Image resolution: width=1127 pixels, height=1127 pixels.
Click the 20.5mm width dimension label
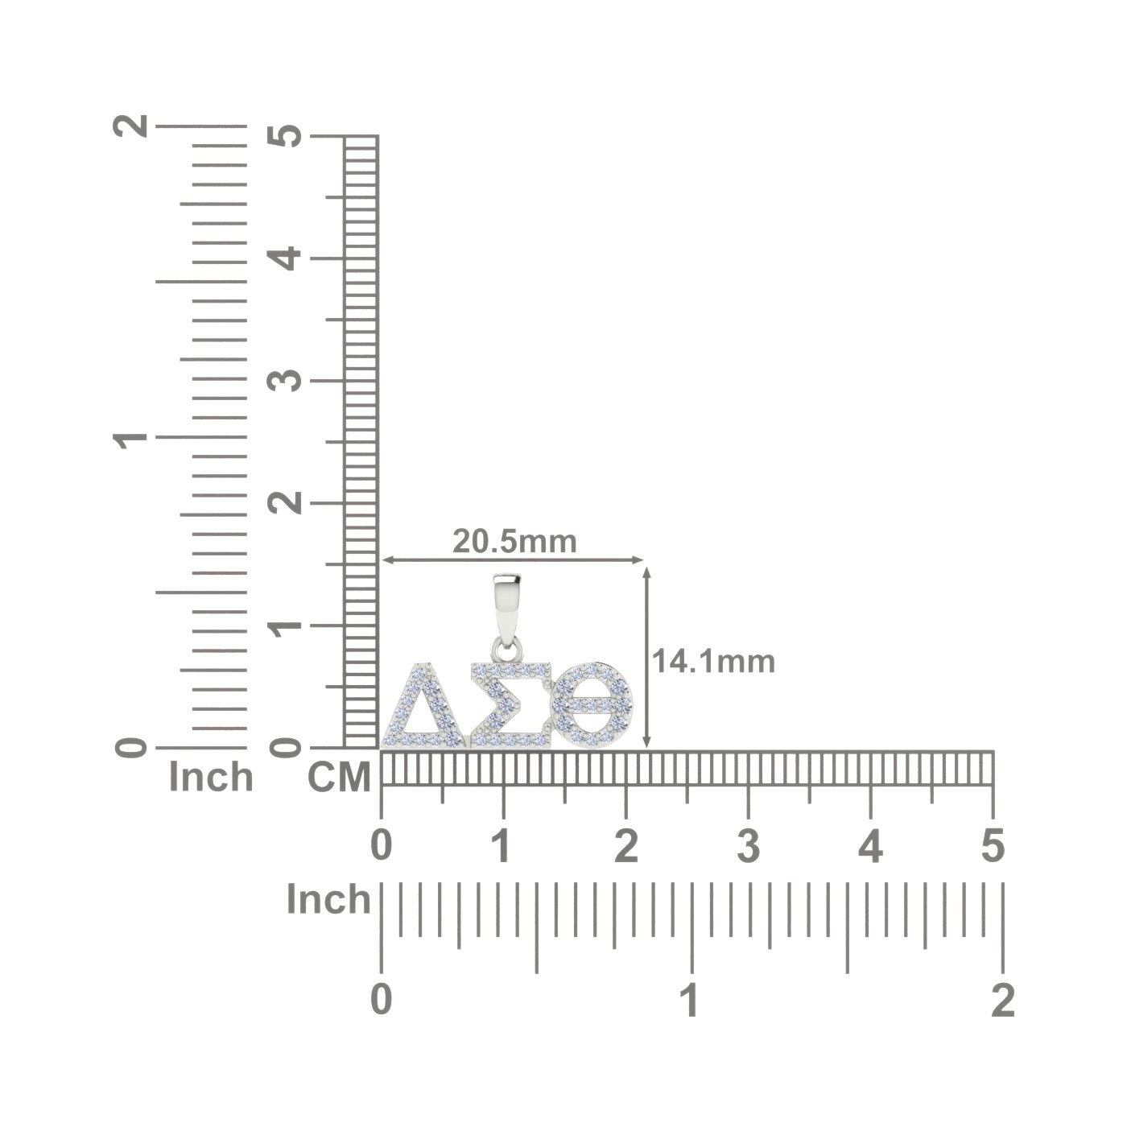(514, 542)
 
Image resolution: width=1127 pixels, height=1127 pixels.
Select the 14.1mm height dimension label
(713, 662)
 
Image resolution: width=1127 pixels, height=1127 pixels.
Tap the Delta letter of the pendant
(423, 706)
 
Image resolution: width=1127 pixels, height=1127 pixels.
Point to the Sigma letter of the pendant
(511, 706)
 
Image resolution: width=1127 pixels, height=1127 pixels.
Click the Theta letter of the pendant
(593, 706)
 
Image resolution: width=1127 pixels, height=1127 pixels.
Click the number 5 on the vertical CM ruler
(285, 136)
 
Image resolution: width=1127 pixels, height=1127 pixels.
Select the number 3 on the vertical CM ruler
(285, 382)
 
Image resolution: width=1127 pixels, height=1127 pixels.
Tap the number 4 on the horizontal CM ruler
(871, 846)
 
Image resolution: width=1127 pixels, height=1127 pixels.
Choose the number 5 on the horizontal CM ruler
(993, 846)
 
